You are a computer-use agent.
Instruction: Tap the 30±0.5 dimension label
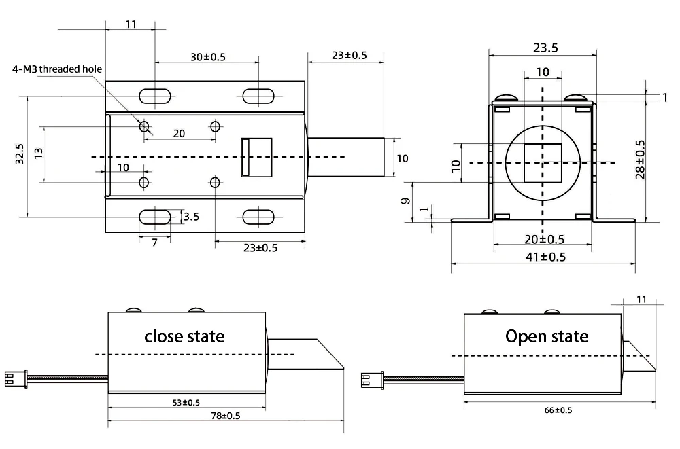207,57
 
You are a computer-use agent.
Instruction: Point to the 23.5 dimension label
545,48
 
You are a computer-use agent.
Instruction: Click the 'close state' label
184,336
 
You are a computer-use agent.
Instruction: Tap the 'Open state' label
547,336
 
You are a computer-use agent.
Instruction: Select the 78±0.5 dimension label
225,415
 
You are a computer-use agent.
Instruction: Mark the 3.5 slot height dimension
191,217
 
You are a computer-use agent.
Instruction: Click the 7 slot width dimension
154,242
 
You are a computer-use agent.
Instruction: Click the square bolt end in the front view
542,162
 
